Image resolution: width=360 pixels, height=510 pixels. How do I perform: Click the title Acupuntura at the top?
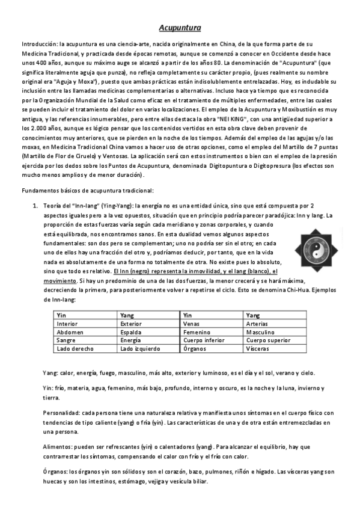[x=180, y=28]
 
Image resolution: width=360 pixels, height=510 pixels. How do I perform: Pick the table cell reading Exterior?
[x=131, y=323]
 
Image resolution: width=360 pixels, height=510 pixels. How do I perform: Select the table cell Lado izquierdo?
[x=140, y=348]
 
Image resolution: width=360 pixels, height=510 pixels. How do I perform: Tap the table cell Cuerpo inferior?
[x=204, y=340]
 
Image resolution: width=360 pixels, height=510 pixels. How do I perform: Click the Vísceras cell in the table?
[x=259, y=348]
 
